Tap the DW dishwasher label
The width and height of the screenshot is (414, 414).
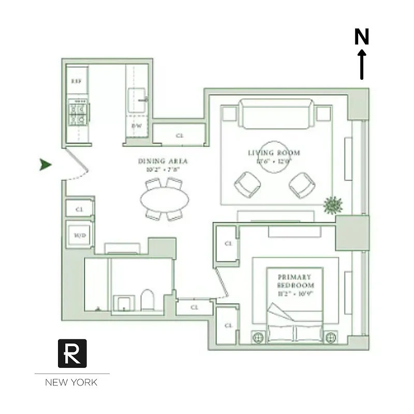136,126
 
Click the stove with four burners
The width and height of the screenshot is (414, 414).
78,114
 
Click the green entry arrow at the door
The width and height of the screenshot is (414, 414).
46,165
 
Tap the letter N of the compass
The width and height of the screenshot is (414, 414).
362,37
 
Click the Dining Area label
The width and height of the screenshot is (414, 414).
163,161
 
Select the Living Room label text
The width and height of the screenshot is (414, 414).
274,153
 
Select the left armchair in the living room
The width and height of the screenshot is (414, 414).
247,184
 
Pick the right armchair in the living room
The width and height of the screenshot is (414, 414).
302,184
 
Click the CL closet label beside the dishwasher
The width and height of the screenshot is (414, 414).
180,136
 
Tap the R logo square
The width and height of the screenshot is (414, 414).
72,353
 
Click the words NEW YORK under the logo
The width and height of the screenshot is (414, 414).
71,383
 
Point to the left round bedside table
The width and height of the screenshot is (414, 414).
258,337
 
